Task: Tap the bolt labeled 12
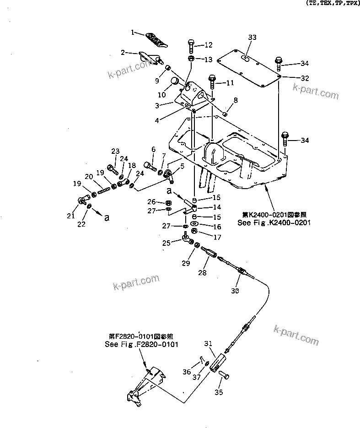191,46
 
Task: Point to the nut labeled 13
191,59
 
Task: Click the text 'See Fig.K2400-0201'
274,222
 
